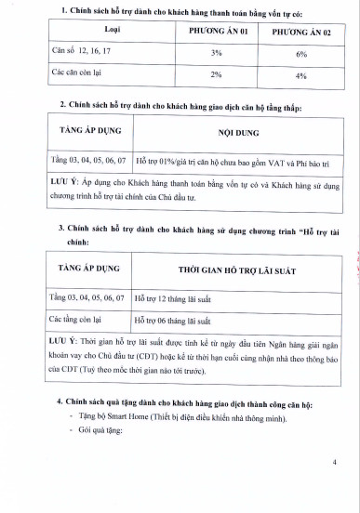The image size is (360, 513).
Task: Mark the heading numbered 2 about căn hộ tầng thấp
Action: pyautogui.click(x=181, y=106)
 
